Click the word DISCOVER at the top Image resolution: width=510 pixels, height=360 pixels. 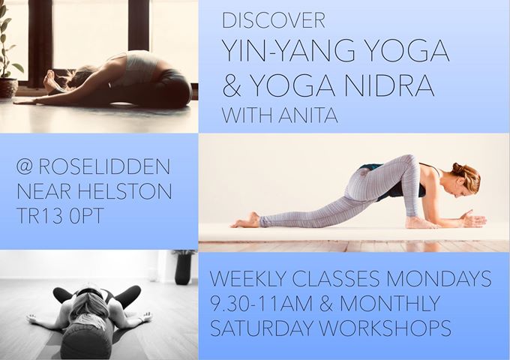(274, 20)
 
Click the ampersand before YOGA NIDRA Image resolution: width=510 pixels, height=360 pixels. (232, 85)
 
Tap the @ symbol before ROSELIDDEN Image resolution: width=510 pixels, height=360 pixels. (25, 166)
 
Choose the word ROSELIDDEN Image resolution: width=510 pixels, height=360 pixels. (104, 166)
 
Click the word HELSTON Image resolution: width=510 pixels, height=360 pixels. (125, 191)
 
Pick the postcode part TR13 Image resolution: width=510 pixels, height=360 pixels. (39, 215)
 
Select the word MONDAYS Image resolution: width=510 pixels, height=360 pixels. (439, 279)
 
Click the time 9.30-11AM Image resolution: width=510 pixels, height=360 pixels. (261, 304)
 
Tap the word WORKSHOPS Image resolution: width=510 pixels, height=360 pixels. (385, 328)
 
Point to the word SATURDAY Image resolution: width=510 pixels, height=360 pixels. (262, 328)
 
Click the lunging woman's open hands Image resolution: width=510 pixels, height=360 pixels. (474, 219)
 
